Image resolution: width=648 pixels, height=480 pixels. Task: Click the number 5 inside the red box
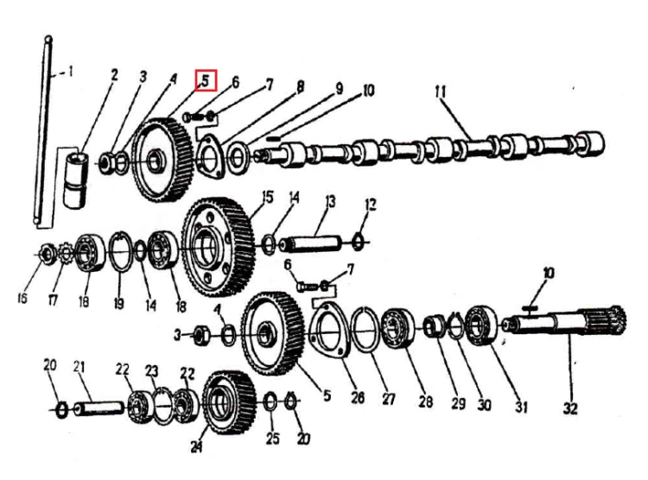pos(206,80)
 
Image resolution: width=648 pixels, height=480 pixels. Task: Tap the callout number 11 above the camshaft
pos(441,92)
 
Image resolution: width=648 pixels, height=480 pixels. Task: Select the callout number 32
pos(570,408)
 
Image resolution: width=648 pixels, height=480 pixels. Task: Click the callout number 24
pos(197,446)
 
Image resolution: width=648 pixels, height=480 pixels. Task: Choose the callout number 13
pos(330,202)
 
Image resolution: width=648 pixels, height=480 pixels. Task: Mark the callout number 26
pos(358,397)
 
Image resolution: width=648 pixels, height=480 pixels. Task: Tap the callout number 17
pos(53,300)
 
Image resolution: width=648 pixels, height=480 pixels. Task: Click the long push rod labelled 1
pos(43,130)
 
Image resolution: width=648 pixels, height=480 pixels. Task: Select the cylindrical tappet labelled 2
pos(76,179)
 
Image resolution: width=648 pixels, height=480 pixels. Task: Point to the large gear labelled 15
pos(218,247)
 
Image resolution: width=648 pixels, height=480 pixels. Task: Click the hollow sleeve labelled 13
pos(310,243)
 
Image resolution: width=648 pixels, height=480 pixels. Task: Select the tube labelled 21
pos(98,409)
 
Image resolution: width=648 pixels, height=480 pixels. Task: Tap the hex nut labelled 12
pos(358,241)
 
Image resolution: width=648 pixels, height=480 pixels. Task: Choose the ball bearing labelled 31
pos(482,325)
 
